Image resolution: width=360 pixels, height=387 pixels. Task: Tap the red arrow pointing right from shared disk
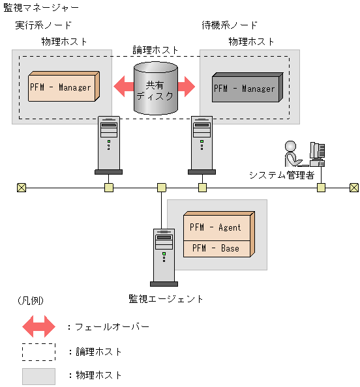(187, 86)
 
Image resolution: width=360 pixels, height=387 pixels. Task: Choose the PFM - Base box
(215, 248)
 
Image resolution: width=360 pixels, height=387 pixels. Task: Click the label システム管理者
(282, 175)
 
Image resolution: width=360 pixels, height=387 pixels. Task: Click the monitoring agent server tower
(163, 256)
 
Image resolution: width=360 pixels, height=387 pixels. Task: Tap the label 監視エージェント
(166, 299)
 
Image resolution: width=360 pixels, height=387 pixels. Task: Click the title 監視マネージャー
(42, 8)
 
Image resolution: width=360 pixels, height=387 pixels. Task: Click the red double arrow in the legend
(39, 326)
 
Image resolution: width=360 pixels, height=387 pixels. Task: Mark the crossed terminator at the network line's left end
(22, 188)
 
